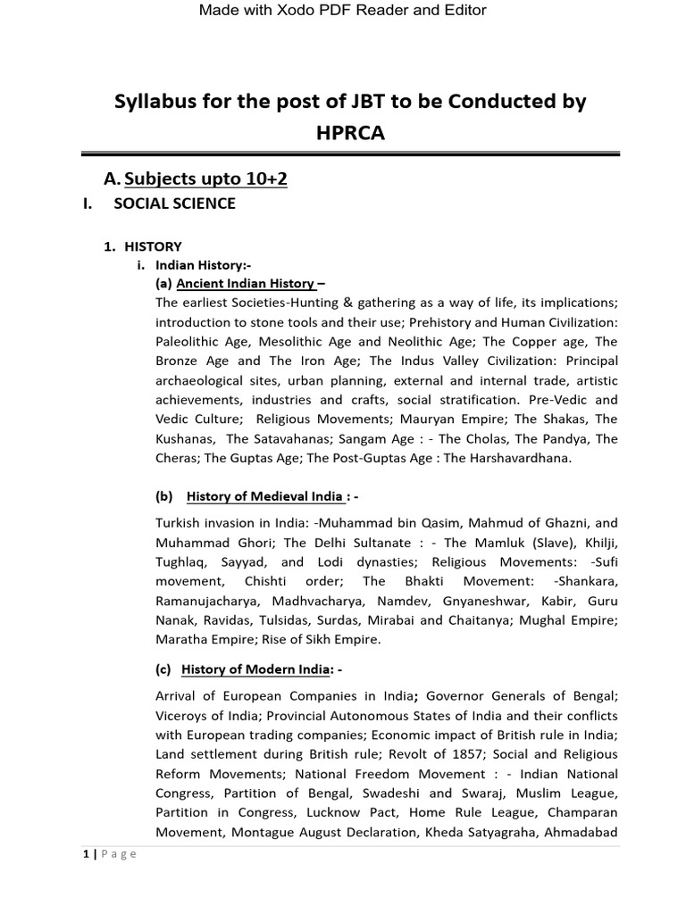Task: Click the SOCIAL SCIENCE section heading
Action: (175, 204)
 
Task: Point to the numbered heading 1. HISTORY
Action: (144, 246)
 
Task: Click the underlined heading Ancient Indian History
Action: (246, 284)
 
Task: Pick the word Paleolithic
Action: (193, 342)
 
